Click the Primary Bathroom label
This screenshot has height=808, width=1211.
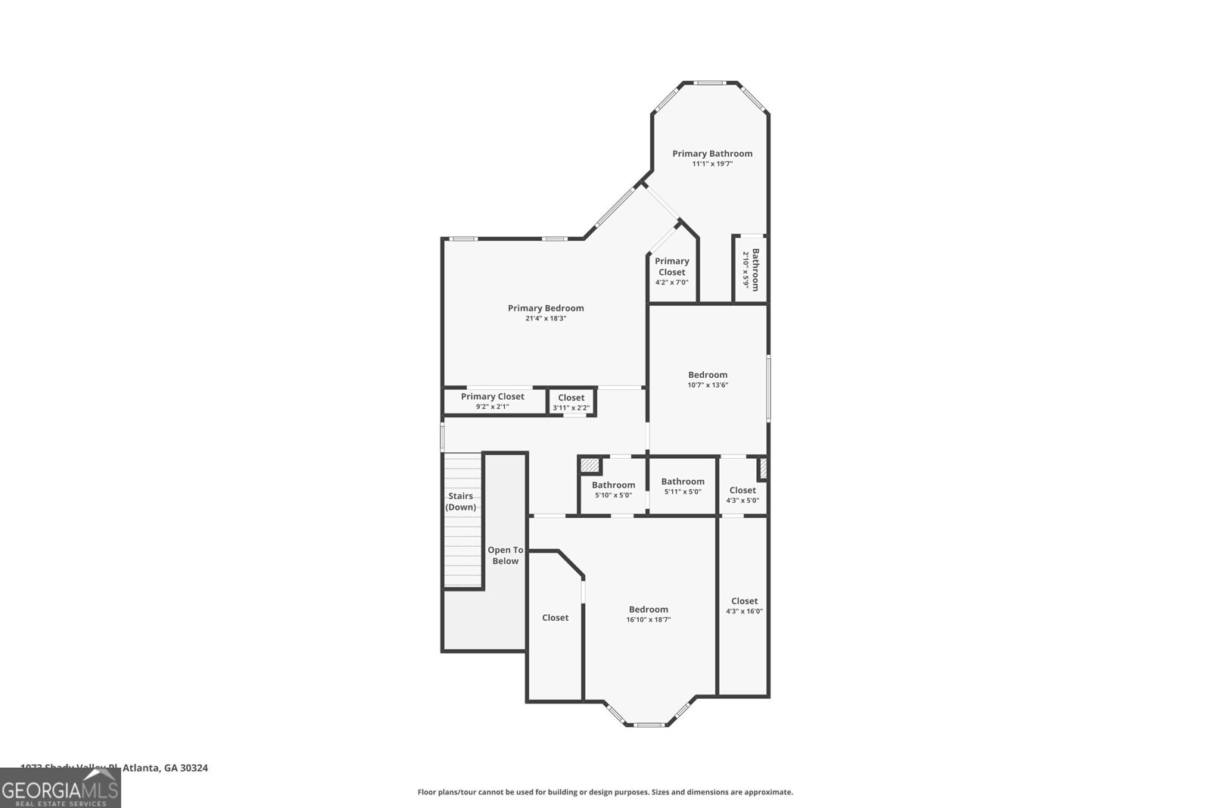(712, 154)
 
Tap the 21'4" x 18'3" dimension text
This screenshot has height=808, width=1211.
(546, 319)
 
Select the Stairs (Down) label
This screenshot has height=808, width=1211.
(460, 501)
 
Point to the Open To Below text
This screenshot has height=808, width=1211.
(505, 555)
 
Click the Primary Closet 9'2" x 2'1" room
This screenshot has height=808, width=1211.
(493, 401)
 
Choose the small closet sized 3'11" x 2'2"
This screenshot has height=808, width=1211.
(571, 402)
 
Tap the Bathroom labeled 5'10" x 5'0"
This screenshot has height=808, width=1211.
(613, 489)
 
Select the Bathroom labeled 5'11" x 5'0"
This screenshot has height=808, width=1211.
(683, 485)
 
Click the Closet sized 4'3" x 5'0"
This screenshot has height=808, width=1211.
(742, 494)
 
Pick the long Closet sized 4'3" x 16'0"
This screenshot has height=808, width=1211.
(744, 606)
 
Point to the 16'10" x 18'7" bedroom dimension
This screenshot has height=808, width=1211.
(649, 619)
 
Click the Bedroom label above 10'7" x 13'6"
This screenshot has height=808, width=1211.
(708, 375)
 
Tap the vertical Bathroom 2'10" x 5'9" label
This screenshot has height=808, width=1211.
(750, 270)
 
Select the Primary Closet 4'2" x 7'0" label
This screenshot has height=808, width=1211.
(671, 271)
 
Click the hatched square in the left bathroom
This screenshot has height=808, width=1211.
(590, 466)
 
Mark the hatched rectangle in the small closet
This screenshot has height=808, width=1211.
(763, 468)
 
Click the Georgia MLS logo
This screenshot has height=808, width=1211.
(60, 788)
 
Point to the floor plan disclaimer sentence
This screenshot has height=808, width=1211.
(605, 792)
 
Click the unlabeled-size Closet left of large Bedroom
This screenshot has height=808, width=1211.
(555, 618)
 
